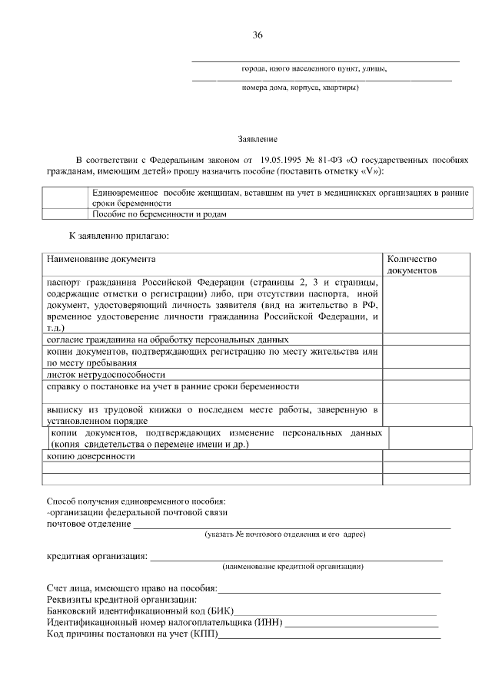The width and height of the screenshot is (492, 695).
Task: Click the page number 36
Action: click(258, 35)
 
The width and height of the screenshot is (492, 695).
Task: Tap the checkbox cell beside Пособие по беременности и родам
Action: click(65, 214)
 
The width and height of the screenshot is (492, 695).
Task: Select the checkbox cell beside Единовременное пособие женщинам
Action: click(65, 197)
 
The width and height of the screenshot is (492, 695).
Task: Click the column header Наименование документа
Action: click(100, 260)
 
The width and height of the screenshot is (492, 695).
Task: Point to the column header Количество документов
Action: click(412, 265)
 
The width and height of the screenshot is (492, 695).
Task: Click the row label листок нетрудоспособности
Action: click(95, 375)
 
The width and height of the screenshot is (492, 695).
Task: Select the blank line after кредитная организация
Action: click(296, 557)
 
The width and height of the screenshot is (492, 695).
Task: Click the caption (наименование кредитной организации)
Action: click(293, 568)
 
